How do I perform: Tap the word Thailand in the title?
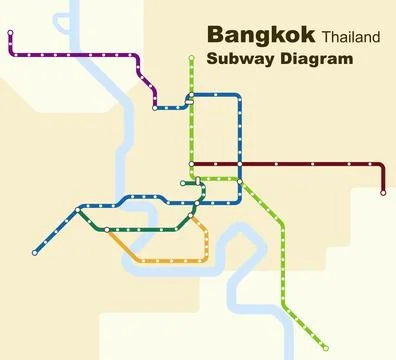coord(351,38)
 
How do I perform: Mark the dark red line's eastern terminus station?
coord(383,192)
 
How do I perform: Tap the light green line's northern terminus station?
coord(191,58)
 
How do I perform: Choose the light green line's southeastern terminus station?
coord(327,347)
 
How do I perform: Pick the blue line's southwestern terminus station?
coord(35,252)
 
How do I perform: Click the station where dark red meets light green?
coord(191,163)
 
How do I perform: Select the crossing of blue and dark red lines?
coord(241,163)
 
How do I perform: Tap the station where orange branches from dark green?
coord(107,229)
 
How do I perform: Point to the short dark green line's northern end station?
coord(183,184)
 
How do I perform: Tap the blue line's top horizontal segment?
coord(216,95)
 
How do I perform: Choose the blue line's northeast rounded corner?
coord(239,98)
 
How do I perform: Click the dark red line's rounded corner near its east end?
coord(380,166)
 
